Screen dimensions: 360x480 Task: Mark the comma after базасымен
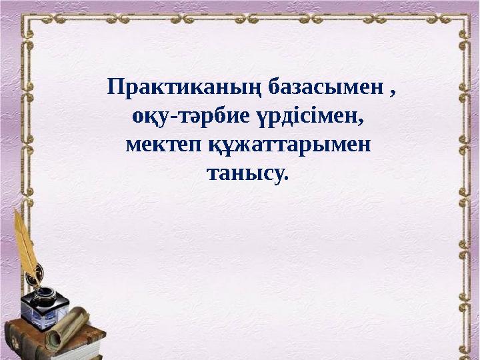click(x=393, y=93)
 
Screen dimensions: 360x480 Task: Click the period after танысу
click(x=287, y=179)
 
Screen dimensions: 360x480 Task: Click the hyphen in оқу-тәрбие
click(x=173, y=119)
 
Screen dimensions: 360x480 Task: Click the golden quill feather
click(x=25, y=240)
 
